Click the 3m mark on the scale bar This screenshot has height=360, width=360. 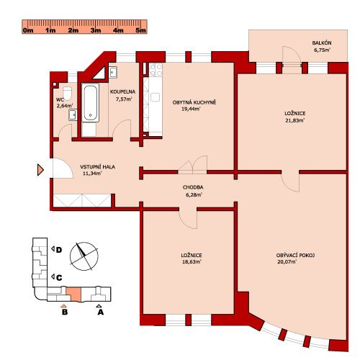(x=96, y=30)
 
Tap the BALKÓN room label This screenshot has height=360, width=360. (x=322, y=43)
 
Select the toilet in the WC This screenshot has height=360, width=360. (x=67, y=93)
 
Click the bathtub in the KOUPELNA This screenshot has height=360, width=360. (x=91, y=103)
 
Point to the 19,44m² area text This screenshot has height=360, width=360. (x=191, y=109)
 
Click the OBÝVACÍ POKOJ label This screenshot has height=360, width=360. (x=295, y=256)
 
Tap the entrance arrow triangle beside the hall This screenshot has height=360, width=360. (x=40, y=170)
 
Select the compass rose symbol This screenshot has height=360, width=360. (x=84, y=256)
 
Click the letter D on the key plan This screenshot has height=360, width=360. (x=59, y=250)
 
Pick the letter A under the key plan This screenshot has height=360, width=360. (x=100, y=312)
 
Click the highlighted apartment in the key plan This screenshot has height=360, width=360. (x=73, y=294)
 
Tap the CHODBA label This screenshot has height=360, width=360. (x=193, y=187)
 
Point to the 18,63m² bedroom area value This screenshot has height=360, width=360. (x=192, y=261)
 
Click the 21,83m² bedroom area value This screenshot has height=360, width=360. (x=295, y=120)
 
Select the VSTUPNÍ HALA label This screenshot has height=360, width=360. (x=97, y=167)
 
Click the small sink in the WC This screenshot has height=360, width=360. (x=73, y=114)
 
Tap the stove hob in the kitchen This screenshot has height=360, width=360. (x=156, y=70)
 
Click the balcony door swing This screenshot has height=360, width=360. (x=291, y=55)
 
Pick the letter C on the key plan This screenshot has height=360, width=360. (x=59, y=278)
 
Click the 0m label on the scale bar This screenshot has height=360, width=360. (x=28, y=30)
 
